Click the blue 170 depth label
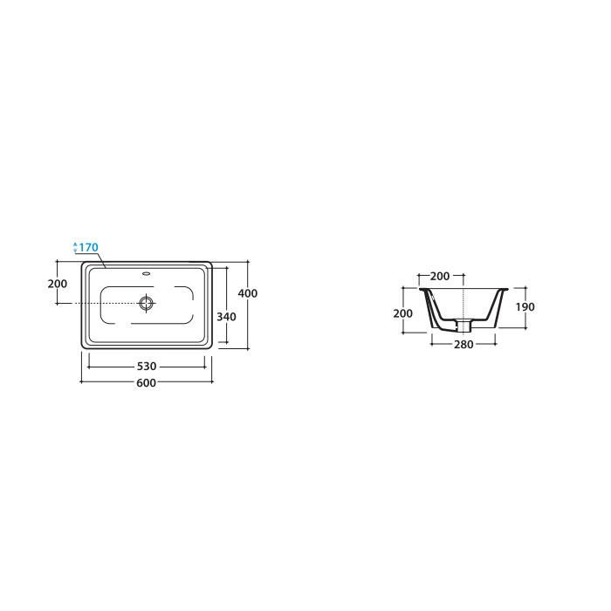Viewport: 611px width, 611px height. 89,247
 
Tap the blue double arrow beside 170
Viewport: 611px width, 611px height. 75,247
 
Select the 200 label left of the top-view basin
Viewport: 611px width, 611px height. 58,284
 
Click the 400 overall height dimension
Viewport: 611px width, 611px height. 248,293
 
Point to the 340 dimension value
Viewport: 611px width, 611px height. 226,317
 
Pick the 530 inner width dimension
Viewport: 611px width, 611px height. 147,367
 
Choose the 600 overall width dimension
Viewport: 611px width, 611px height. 147,382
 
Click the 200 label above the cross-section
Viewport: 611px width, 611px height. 440,276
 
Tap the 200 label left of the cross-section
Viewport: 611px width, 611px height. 403,313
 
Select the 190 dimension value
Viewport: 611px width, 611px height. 525,307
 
